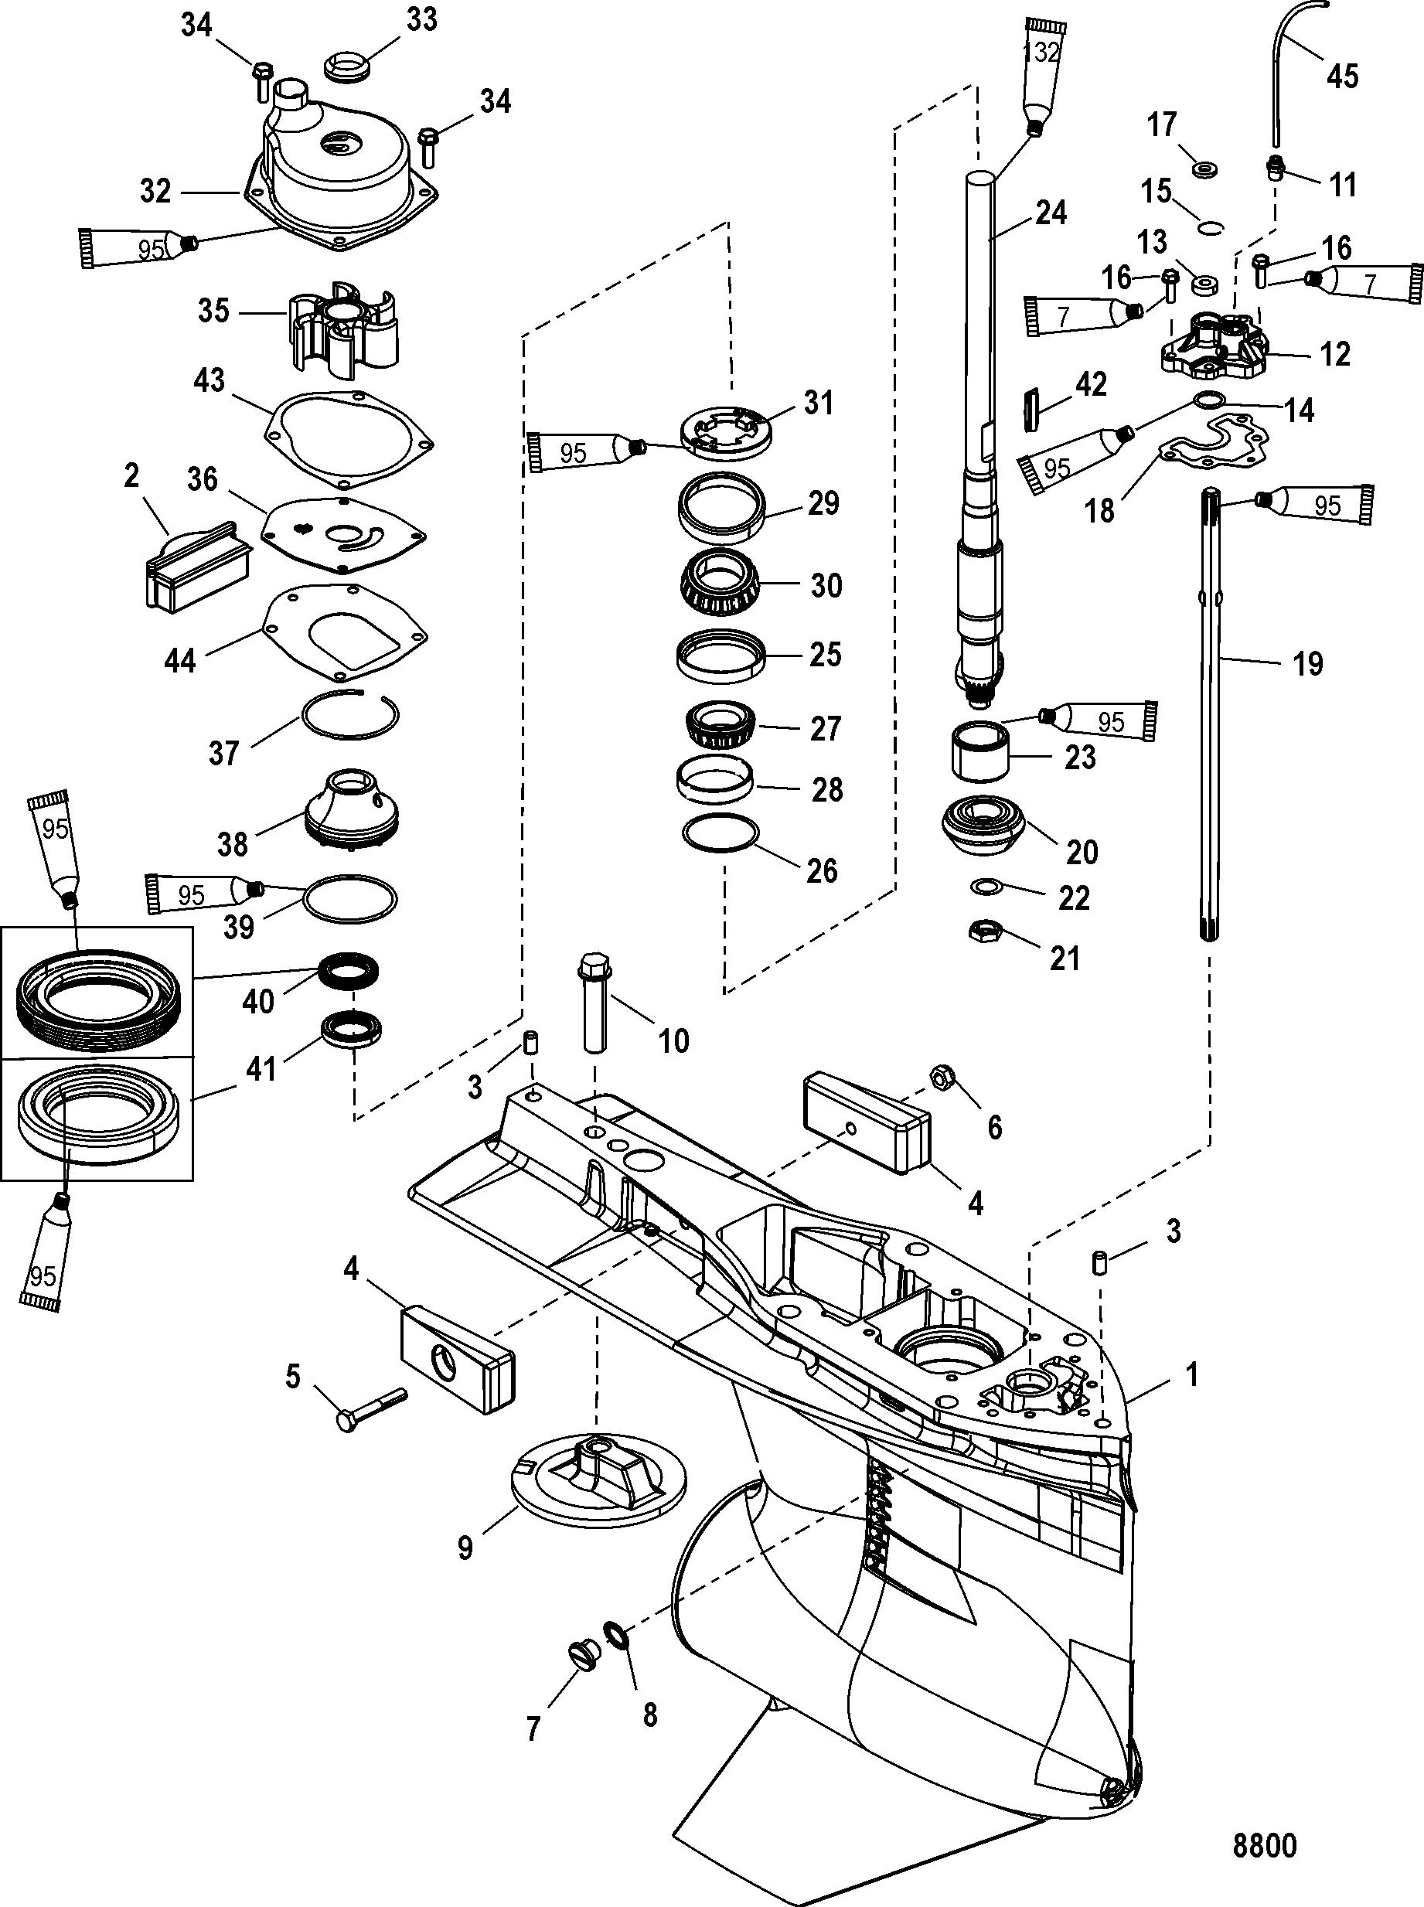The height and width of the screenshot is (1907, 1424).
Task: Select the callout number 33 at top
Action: pyautogui.click(x=421, y=20)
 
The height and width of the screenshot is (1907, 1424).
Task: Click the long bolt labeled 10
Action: pyautogui.click(x=594, y=1001)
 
